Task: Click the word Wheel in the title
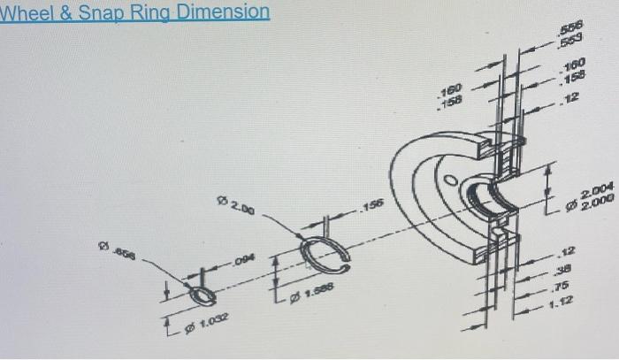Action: point(27,12)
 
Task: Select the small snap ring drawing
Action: point(201,293)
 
